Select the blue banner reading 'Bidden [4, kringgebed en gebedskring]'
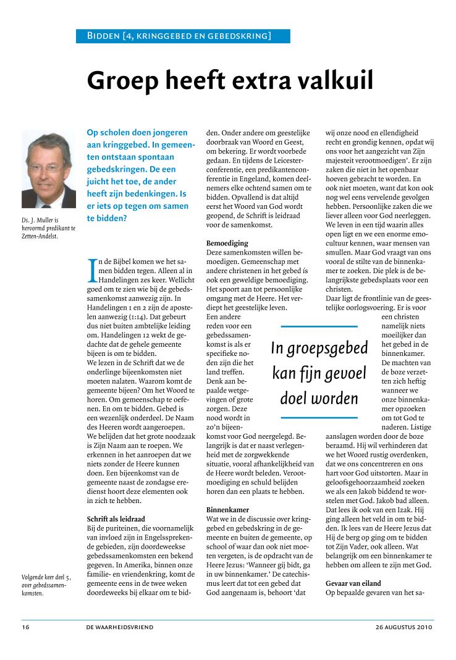click(183, 36)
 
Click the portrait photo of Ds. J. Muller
click(46, 169)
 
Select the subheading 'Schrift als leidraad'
click(116, 518)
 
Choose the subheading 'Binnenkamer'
click(227, 510)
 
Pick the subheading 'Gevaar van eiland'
click(353, 583)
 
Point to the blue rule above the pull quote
click(319, 326)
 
